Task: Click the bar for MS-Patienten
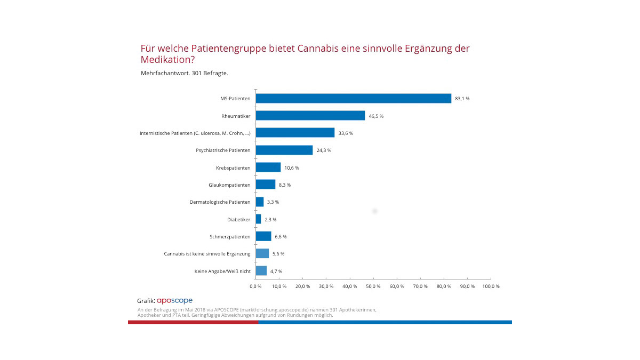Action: tap(353, 99)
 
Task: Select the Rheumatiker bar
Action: tap(310, 116)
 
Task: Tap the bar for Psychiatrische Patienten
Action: tap(284, 150)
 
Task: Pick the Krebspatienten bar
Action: tap(268, 167)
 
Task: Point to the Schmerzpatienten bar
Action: tap(263, 236)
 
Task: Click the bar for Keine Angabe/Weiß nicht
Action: tap(261, 271)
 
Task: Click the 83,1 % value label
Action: tap(462, 99)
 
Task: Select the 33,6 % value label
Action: tap(346, 133)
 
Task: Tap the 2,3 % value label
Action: tap(270, 219)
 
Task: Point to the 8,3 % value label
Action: tap(284, 185)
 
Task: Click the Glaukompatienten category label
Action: tap(229, 185)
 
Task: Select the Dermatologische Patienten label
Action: tap(220, 202)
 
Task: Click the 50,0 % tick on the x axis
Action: tap(373, 286)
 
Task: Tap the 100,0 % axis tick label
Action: tap(491, 286)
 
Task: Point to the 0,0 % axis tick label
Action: tap(255, 286)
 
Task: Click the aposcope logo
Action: tap(174, 301)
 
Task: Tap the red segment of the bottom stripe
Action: tap(193, 322)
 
